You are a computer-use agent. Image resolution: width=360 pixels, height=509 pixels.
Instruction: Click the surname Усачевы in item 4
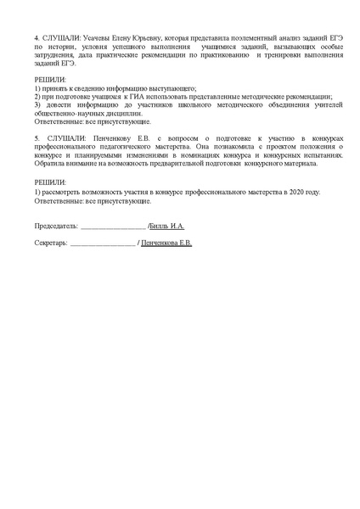[x=96, y=38]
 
